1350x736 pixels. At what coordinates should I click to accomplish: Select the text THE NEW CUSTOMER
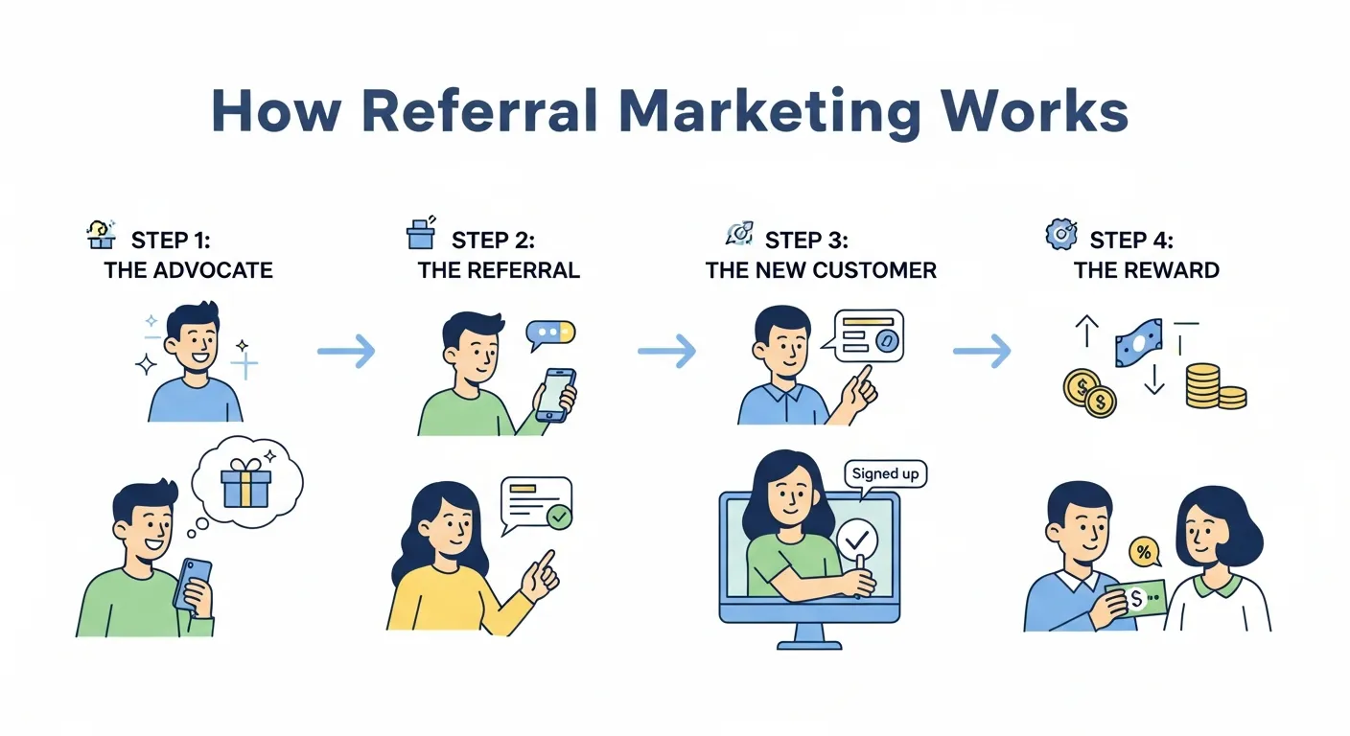821,270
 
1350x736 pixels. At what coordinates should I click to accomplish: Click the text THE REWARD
1146,270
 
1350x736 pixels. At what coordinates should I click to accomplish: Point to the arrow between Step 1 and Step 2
346,352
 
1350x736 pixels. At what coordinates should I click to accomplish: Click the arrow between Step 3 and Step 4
982,352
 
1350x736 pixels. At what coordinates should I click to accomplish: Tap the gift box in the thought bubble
245,482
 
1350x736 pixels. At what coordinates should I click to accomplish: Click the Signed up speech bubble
884,473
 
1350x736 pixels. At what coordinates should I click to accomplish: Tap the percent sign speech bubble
1143,552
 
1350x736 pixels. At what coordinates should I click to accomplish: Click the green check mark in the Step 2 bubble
558,517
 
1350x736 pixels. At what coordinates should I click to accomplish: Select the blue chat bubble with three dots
550,333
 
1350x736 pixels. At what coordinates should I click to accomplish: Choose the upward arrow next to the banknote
1086,333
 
